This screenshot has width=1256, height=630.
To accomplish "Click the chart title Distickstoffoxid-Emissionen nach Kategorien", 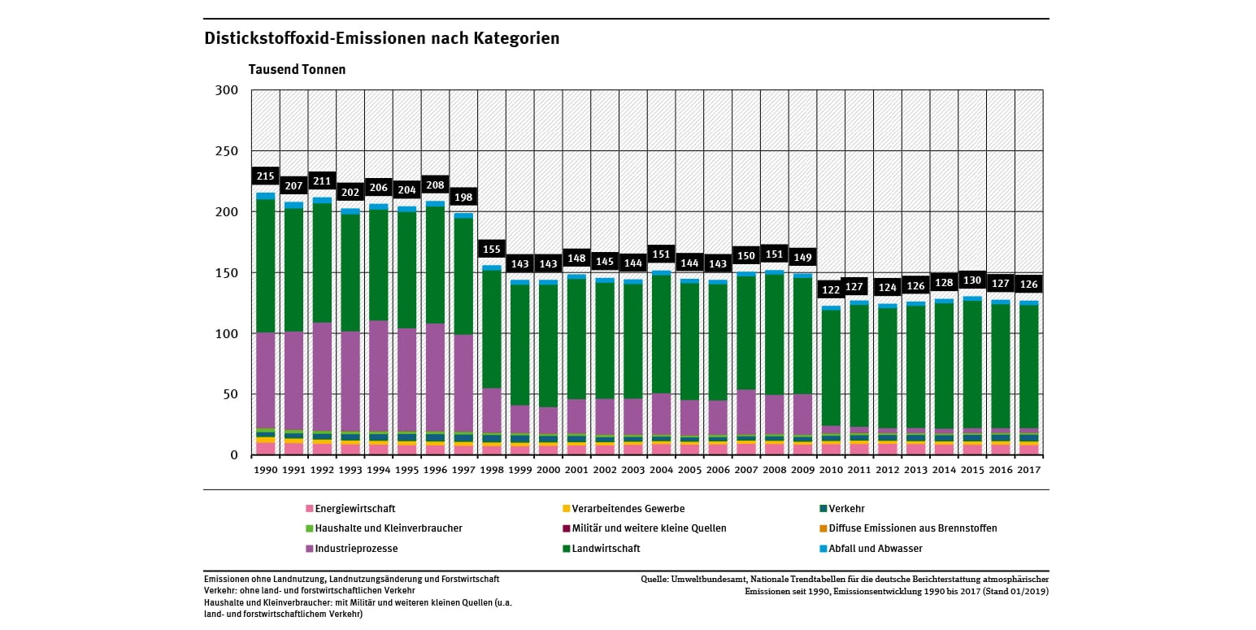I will (x=381, y=38).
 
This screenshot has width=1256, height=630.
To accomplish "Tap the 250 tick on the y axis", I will (x=227, y=151).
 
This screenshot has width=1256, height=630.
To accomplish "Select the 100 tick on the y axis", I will (x=227, y=334).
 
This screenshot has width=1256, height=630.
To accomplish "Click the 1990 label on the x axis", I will (x=265, y=470).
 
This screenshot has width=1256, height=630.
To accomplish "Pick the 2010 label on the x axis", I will (x=831, y=470).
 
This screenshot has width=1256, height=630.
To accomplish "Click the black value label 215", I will (x=266, y=176).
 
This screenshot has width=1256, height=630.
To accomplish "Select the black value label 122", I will (x=831, y=290).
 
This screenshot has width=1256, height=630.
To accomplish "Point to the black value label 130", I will (x=972, y=280).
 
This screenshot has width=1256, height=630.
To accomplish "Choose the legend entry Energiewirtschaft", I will (x=355, y=509).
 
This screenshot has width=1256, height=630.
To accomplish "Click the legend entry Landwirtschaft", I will (x=606, y=549).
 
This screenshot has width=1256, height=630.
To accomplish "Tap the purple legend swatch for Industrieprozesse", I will (x=310, y=549).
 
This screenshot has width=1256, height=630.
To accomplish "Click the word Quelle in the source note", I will (x=654, y=580).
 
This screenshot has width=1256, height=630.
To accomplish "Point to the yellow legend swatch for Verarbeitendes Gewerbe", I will (x=565, y=509).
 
